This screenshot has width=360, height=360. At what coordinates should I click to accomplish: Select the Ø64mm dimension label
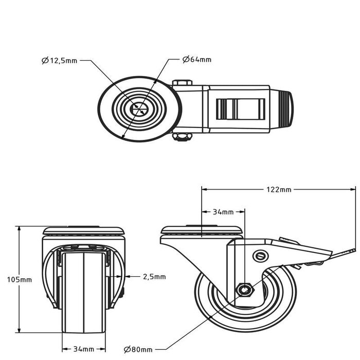(197, 60)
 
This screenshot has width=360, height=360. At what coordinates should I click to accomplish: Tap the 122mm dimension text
(279, 190)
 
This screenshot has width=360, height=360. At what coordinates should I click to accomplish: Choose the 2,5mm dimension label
(154, 277)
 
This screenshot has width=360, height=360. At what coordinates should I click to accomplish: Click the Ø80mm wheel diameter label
(140, 350)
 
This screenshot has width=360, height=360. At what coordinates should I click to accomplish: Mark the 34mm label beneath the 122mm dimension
(223, 212)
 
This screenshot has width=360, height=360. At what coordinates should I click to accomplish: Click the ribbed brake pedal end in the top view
(286, 109)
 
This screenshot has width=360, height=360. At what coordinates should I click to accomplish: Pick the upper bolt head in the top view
(182, 82)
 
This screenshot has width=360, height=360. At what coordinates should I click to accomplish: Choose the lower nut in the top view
(182, 137)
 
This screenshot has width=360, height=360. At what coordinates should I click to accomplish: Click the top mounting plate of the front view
(84, 231)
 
